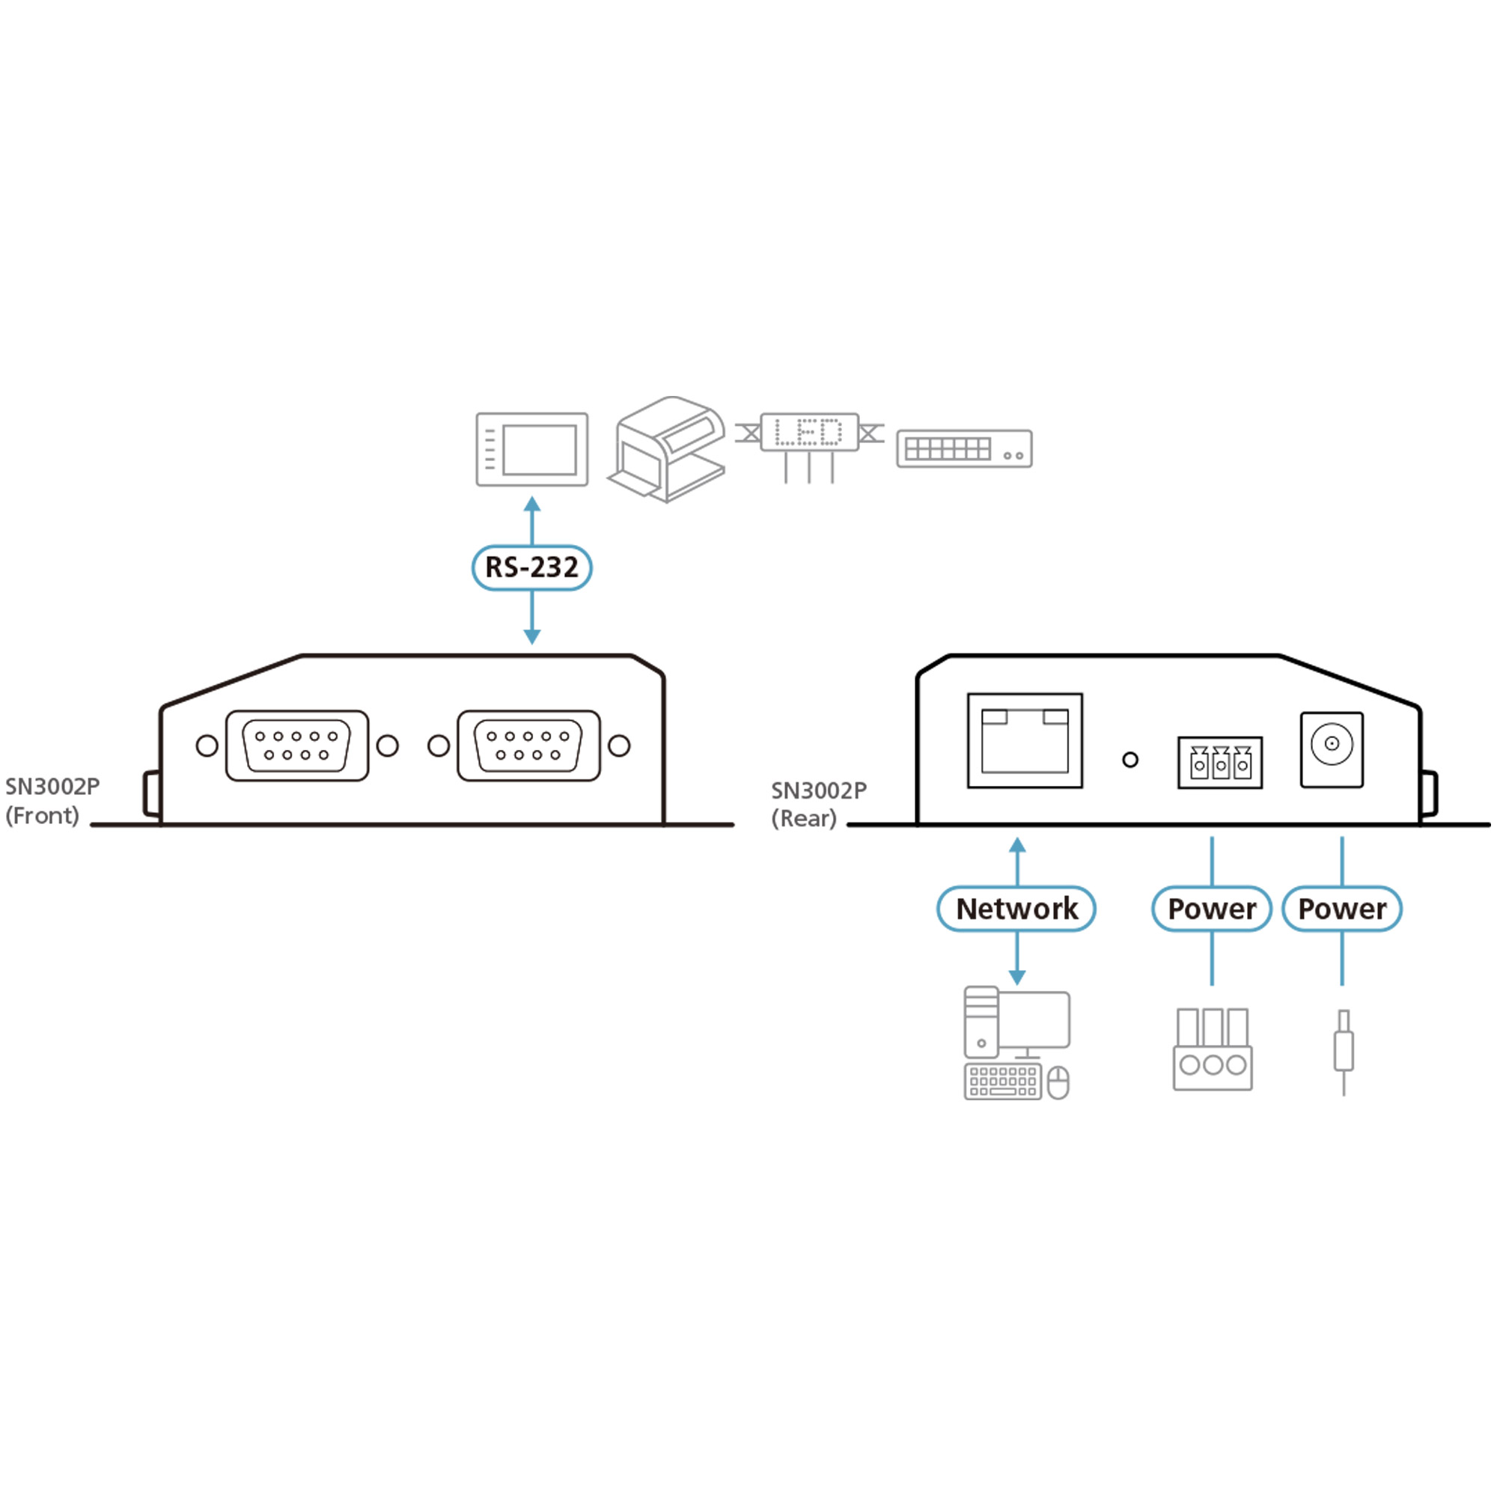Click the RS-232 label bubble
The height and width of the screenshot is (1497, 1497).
click(531, 568)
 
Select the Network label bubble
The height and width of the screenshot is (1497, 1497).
click(1016, 909)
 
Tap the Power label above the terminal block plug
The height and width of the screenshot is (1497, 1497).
click(1211, 909)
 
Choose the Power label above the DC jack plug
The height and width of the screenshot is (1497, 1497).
click(1341, 909)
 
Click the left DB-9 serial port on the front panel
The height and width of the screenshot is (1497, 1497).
click(296, 746)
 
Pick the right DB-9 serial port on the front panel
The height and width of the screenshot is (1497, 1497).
click(528, 746)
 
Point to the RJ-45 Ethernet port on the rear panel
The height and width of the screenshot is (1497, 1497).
click(1025, 741)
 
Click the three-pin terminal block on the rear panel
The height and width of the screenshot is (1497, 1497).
click(1219, 763)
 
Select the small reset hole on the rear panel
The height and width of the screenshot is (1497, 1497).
click(1129, 760)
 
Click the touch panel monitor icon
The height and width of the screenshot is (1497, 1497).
click(531, 449)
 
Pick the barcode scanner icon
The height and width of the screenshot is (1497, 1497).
click(668, 449)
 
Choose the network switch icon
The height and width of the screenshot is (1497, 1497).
click(964, 448)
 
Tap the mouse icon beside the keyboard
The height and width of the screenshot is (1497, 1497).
click(1058, 1082)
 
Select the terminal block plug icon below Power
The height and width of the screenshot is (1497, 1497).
click(1212, 1049)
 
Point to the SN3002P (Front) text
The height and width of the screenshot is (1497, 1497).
click(52, 801)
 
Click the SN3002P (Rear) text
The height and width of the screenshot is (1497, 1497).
click(817, 805)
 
